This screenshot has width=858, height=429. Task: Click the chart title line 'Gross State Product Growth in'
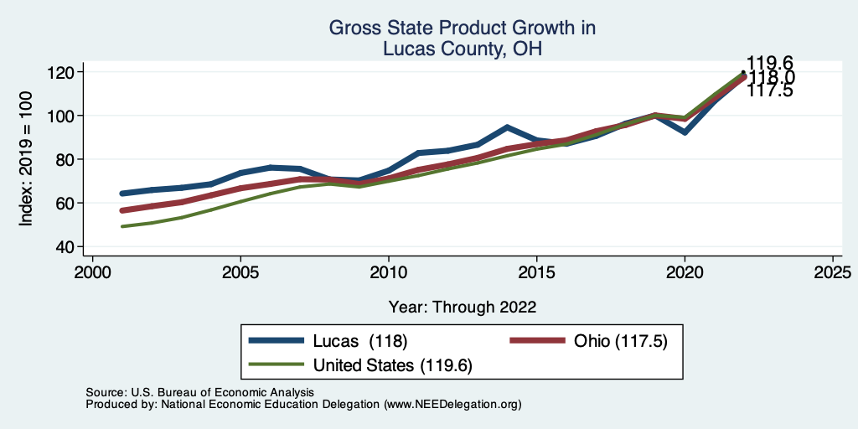(462, 28)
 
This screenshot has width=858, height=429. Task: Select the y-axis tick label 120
(61, 72)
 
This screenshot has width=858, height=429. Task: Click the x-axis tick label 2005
(240, 274)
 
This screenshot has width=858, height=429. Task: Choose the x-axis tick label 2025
(834, 274)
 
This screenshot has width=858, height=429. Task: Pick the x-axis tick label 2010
(389, 274)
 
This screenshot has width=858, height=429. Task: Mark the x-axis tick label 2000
(92, 274)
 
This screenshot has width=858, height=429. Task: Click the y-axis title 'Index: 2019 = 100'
(26, 159)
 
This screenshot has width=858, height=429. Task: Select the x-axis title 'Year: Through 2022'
(462, 307)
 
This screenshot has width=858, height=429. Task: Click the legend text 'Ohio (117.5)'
(620, 341)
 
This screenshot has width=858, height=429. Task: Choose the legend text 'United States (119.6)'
(393, 365)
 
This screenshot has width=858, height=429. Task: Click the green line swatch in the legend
(277, 365)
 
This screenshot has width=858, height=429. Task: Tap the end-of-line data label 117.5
(770, 90)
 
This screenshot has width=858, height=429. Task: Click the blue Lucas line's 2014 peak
(507, 127)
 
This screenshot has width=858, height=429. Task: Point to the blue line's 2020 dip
(685, 132)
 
